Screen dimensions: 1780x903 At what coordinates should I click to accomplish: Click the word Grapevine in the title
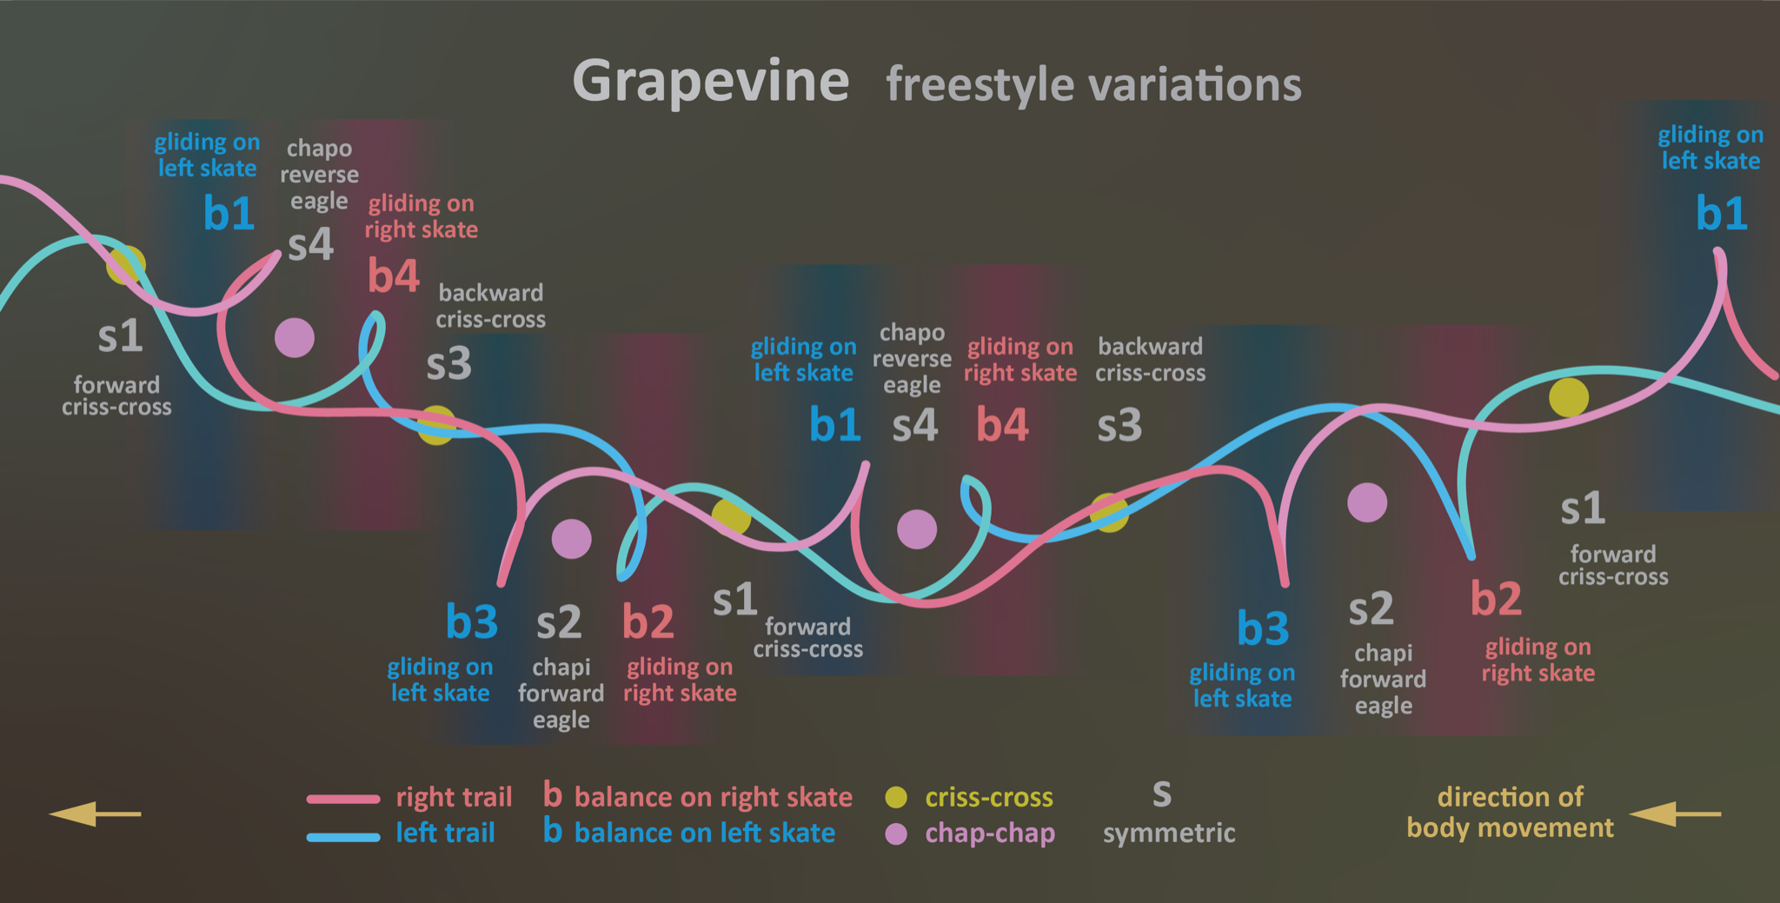(x=710, y=83)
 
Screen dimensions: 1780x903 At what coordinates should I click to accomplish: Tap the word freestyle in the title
(x=980, y=86)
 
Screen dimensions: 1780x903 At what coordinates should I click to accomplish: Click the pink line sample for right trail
(x=343, y=799)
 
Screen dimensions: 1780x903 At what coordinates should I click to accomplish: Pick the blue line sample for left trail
(x=343, y=837)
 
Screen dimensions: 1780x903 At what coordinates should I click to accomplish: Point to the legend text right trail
(x=454, y=797)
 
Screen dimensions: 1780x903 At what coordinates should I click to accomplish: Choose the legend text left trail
(x=445, y=833)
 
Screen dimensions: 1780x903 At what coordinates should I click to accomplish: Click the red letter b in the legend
(x=553, y=793)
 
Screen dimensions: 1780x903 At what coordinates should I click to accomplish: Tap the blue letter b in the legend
(x=553, y=829)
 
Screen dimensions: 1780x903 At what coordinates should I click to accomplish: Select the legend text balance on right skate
(x=714, y=797)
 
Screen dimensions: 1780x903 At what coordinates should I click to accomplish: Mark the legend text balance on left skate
(x=705, y=833)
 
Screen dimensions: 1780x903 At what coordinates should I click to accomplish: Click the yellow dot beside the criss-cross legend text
(x=896, y=797)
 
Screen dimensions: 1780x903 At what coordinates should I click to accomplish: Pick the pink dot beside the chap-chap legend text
(x=896, y=834)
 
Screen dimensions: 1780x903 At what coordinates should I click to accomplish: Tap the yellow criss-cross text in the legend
(x=989, y=797)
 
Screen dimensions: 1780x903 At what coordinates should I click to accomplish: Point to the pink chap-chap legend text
(x=990, y=833)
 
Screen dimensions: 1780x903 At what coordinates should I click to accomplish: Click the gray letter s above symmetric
(x=1162, y=793)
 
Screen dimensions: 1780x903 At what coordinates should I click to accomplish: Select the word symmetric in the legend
(x=1169, y=833)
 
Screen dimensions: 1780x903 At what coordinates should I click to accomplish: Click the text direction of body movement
(x=1511, y=812)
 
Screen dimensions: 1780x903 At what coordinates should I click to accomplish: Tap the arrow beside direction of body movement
(x=1675, y=813)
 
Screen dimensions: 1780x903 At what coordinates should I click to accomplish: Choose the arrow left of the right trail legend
(x=95, y=813)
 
